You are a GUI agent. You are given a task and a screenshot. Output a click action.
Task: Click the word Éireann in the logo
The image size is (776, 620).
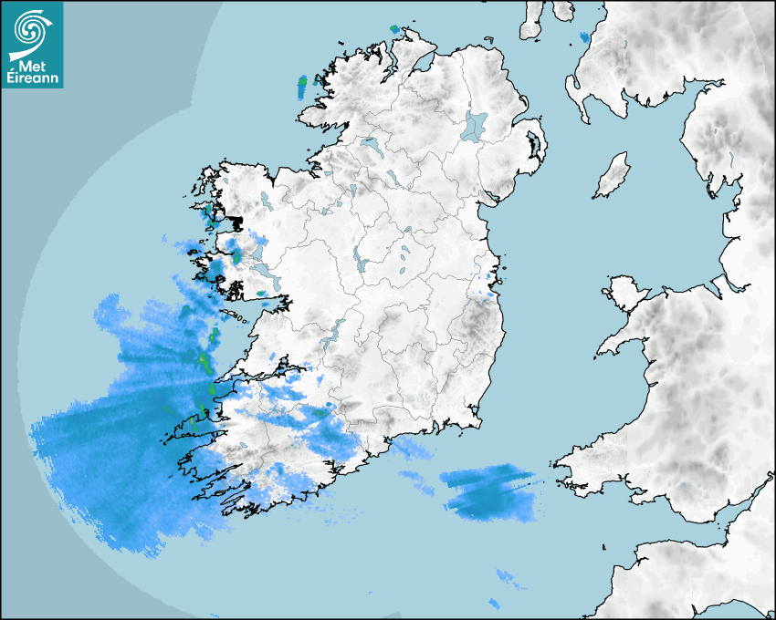point(34,79)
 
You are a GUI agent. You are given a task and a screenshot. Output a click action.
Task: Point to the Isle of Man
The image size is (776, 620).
point(613,175)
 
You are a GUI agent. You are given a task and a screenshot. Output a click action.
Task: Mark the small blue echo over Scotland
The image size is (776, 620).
point(584,37)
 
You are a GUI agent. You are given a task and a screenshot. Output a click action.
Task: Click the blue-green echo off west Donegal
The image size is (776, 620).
point(303,88)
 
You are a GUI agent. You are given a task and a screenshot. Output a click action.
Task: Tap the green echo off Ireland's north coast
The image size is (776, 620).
point(394,29)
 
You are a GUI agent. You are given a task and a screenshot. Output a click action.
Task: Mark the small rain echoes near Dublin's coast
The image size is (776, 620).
point(489,281)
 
